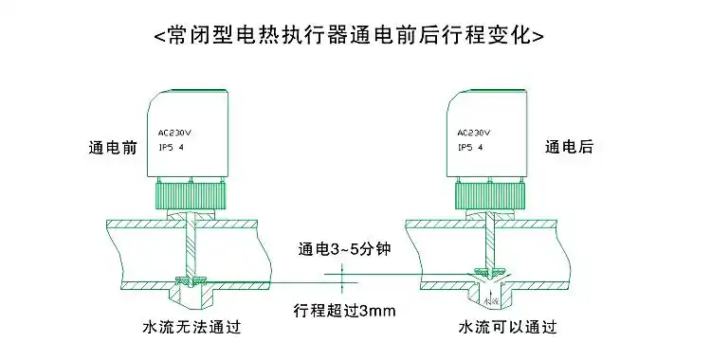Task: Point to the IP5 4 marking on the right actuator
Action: [x=471, y=149]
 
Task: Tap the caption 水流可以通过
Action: [x=507, y=328]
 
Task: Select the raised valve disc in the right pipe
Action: [x=489, y=266]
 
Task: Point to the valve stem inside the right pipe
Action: [x=489, y=242]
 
